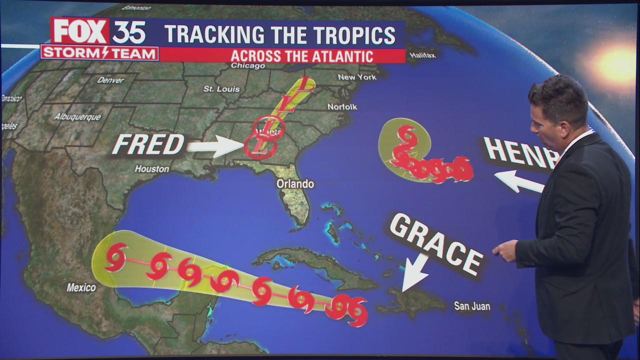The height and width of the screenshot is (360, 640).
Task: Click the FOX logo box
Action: point(80,31)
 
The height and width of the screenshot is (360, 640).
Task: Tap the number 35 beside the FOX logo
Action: point(128,32)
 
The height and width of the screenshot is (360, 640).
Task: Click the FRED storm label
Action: point(148,145)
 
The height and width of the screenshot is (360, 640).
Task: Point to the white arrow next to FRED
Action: point(215,146)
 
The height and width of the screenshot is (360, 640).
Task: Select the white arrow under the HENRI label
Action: point(518,181)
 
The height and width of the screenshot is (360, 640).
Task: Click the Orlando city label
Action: point(295,184)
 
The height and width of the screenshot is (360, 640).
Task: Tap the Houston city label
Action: point(152,169)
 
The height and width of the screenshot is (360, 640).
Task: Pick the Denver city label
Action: point(110,80)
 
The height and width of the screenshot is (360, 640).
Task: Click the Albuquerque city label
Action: point(77,117)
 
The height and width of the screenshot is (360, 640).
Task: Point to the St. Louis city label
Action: point(221,89)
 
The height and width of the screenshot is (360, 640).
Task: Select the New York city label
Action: point(357,77)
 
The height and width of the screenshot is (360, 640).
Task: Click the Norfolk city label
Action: point(342,106)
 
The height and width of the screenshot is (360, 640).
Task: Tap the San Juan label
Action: point(472,306)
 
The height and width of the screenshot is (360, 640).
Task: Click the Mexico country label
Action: point(81,287)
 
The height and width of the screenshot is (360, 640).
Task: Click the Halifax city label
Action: point(422,55)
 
